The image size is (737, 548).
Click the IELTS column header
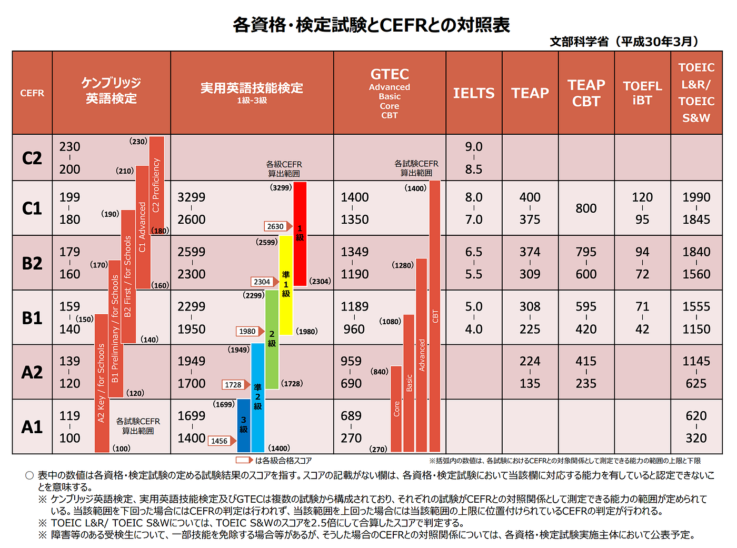pyautogui.click(x=473, y=93)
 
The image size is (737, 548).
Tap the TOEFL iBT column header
pyautogui.click(x=642, y=93)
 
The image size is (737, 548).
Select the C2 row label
pyautogui.click(x=32, y=158)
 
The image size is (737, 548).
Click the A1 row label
pyautogui.click(x=32, y=427)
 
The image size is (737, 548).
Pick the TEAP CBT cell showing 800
pyautogui.click(x=586, y=208)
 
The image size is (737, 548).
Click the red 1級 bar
pyautogui.click(x=300, y=234)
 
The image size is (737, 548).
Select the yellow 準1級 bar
pyautogui.click(x=286, y=285)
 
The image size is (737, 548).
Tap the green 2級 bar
pyautogui.click(x=272, y=340)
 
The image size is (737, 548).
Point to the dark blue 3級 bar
pyautogui.click(x=244, y=425)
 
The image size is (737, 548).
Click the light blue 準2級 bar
pyautogui.click(x=257, y=397)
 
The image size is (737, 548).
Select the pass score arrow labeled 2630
pyautogui.click(x=278, y=226)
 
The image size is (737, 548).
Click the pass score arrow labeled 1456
pyautogui.click(x=222, y=441)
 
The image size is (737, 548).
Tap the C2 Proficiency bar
pyautogui.click(x=156, y=185)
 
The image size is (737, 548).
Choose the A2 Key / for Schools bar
pyautogui.click(x=102, y=383)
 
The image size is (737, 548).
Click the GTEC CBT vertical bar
pyautogui.click(x=435, y=316)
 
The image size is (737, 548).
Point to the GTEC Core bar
pyautogui.click(x=396, y=408)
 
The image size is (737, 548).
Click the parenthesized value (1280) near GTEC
pyautogui.click(x=402, y=265)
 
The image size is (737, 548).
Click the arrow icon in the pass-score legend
pyautogui.click(x=245, y=460)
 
